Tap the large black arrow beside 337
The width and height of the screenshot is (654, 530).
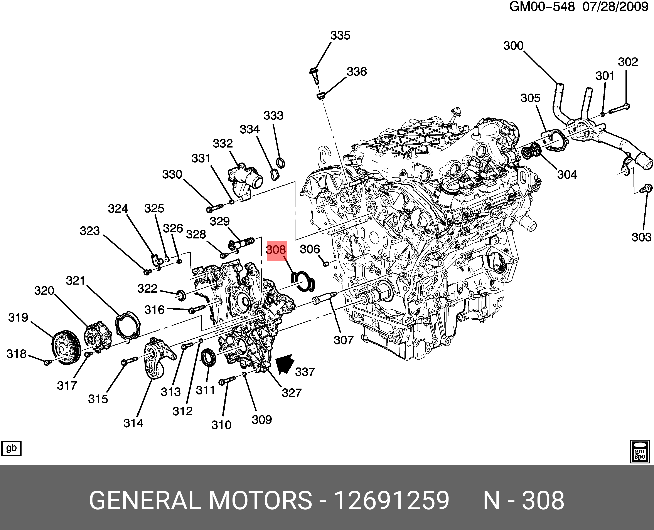pyautogui.click(x=285, y=364)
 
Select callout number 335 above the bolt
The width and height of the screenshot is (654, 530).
pyautogui.click(x=340, y=36)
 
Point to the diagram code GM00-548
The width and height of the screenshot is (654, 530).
pyautogui.click(x=542, y=7)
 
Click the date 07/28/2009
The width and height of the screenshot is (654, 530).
pyautogui.click(x=615, y=7)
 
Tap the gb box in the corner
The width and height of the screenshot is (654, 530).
pyautogui.click(x=11, y=448)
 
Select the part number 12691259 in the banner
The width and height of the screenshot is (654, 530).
pyautogui.click(x=391, y=500)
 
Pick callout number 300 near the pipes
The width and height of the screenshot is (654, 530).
pyautogui.click(x=514, y=46)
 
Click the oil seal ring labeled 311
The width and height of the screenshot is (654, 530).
pyautogui.click(x=209, y=357)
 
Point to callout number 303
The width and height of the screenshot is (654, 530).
pyautogui.click(x=641, y=237)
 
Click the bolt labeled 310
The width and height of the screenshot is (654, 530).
pyautogui.click(x=227, y=381)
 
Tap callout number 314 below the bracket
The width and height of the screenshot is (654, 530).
pyautogui.click(x=133, y=423)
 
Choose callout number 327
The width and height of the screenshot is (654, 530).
pyautogui.click(x=292, y=393)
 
